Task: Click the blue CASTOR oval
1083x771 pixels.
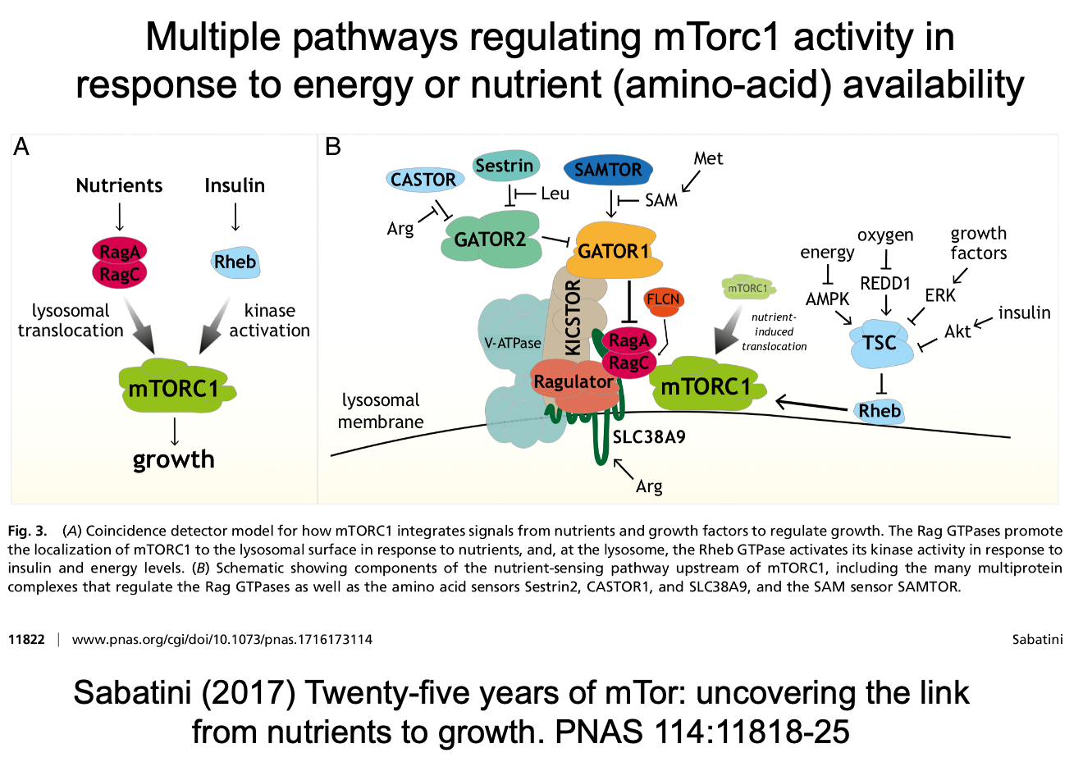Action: [423, 180]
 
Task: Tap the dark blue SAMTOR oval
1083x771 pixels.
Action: [608, 170]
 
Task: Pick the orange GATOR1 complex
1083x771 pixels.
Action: [614, 250]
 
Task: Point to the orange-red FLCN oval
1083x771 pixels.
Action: [663, 300]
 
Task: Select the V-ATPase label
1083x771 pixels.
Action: [513, 343]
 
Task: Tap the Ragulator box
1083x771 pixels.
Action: [573, 382]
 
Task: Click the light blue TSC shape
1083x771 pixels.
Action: [880, 343]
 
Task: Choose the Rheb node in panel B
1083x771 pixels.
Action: [880, 411]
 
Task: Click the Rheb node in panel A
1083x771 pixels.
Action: [235, 262]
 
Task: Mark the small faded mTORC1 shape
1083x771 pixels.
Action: [747, 288]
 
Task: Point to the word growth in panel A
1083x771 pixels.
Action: [174, 459]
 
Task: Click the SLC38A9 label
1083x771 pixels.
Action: [649, 437]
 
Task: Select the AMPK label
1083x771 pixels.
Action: [827, 299]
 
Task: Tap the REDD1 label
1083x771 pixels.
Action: [885, 284]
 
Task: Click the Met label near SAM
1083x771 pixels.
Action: [708, 158]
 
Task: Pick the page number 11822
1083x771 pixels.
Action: [26, 639]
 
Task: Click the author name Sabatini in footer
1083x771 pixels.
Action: [1037, 639]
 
